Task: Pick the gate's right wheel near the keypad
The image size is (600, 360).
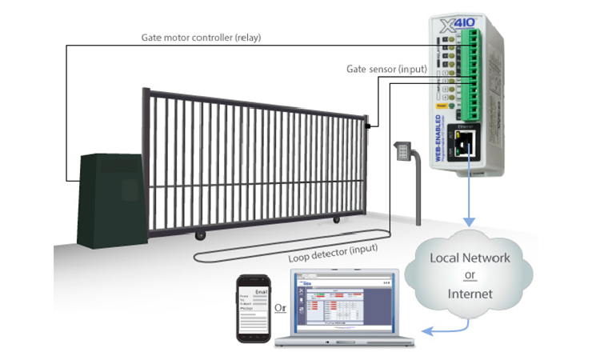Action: point(335,219)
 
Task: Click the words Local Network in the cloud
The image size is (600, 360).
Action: point(470,258)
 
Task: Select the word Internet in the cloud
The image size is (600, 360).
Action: point(470,294)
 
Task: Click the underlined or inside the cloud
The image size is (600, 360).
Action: point(470,276)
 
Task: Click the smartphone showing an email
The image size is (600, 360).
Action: point(252,309)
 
